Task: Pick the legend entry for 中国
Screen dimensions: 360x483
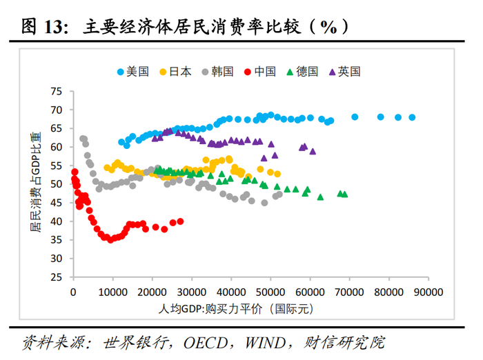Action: coord(265,71)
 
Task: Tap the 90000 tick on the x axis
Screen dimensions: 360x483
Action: coord(427,292)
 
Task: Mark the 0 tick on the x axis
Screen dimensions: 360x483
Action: coord(74,292)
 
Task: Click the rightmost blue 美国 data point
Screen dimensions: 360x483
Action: coord(412,117)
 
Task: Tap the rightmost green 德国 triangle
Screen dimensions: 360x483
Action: coord(345,194)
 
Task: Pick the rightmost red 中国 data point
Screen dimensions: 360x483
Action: coord(181,221)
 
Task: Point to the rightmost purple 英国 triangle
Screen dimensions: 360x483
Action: coord(313,151)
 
